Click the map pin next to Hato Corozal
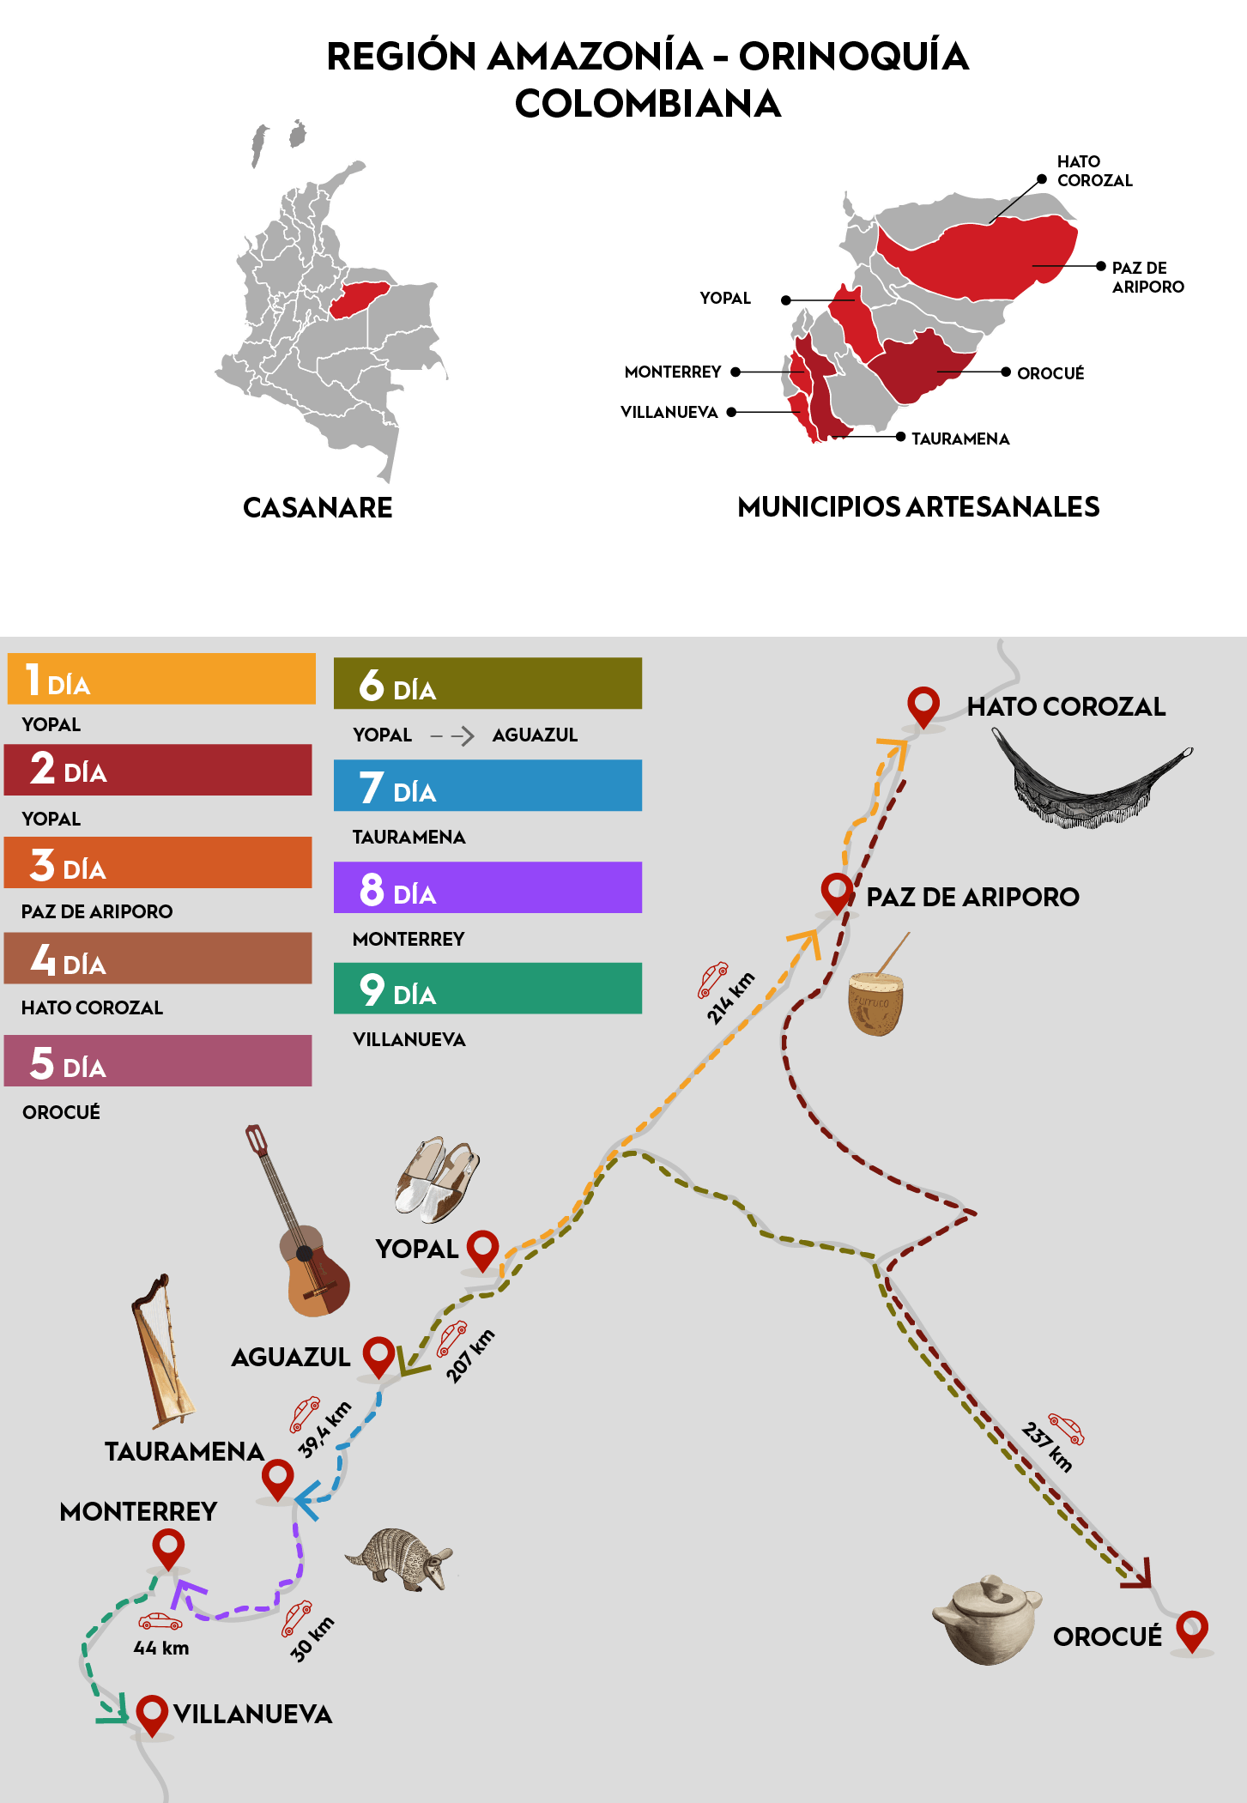click(x=923, y=705)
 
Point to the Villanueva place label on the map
click(x=252, y=1714)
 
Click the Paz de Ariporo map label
click(x=972, y=897)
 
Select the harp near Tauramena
click(x=162, y=1352)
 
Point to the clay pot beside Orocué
click(x=987, y=1619)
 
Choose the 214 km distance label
click(x=730, y=997)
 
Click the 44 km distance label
click(x=161, y=1648)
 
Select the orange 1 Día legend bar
click(x=162, y=679)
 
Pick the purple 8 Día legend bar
click(x=487, y=887)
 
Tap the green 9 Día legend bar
click(x=487, y=989)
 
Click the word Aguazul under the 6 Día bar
click(x=535, y=735)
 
